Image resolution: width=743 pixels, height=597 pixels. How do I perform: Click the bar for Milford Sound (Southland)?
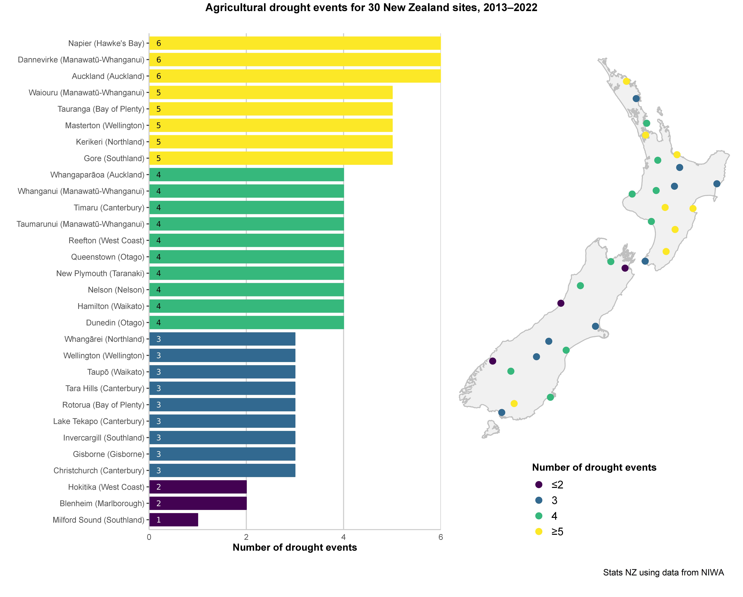(174, 520)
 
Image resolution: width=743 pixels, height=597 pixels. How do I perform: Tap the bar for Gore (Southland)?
(271, 158)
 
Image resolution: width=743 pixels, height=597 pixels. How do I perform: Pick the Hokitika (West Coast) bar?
(198, 487)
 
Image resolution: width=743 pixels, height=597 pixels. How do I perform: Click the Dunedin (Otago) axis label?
(115, 323)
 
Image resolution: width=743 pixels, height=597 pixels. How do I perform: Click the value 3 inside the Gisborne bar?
(159, 454)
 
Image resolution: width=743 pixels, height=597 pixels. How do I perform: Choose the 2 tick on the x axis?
(246, 537)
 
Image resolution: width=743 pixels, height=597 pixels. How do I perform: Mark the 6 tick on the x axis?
(440, 537)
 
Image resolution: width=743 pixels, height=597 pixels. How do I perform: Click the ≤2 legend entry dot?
(539, 485)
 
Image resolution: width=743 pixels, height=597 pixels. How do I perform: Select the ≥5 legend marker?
(539, 531)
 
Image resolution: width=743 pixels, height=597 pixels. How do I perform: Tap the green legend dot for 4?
(539, 516)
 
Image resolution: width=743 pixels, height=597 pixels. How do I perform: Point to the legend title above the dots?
(594, 468)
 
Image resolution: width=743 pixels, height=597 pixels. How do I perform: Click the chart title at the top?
(371, 8)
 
